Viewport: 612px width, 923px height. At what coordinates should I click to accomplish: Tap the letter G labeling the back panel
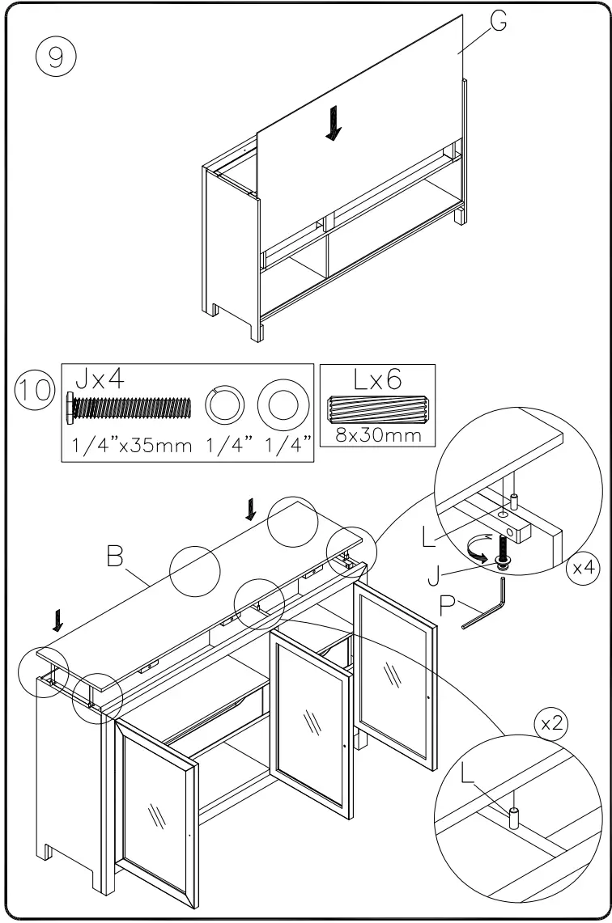499,22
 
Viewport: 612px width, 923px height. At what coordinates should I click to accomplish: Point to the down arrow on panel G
332,125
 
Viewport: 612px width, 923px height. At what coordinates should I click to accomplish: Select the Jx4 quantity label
100,379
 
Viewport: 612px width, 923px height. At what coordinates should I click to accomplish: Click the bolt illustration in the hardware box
129,408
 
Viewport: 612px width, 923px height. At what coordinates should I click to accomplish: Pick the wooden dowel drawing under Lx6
377,410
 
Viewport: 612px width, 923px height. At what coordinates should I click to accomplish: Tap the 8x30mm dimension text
377,434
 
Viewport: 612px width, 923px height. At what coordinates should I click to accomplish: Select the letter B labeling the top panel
114,557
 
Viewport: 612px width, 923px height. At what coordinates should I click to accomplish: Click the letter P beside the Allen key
448,607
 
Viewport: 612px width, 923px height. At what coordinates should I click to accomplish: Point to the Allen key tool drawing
487,606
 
